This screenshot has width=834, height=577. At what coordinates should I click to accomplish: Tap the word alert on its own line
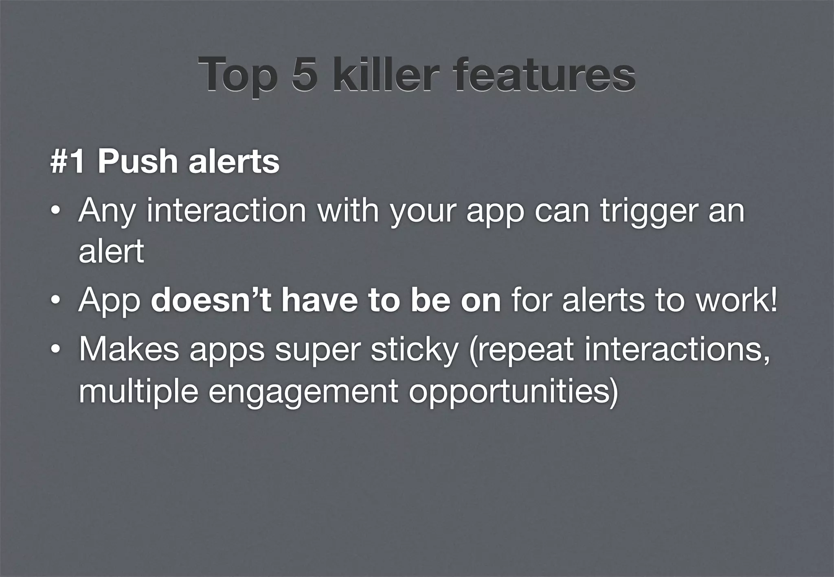(111, 251)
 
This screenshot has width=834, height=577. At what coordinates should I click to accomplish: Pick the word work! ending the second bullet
(736, 300)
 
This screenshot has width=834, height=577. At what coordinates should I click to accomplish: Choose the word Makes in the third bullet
(129, 349)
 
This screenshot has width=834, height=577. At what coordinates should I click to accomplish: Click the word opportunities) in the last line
(514, 392)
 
